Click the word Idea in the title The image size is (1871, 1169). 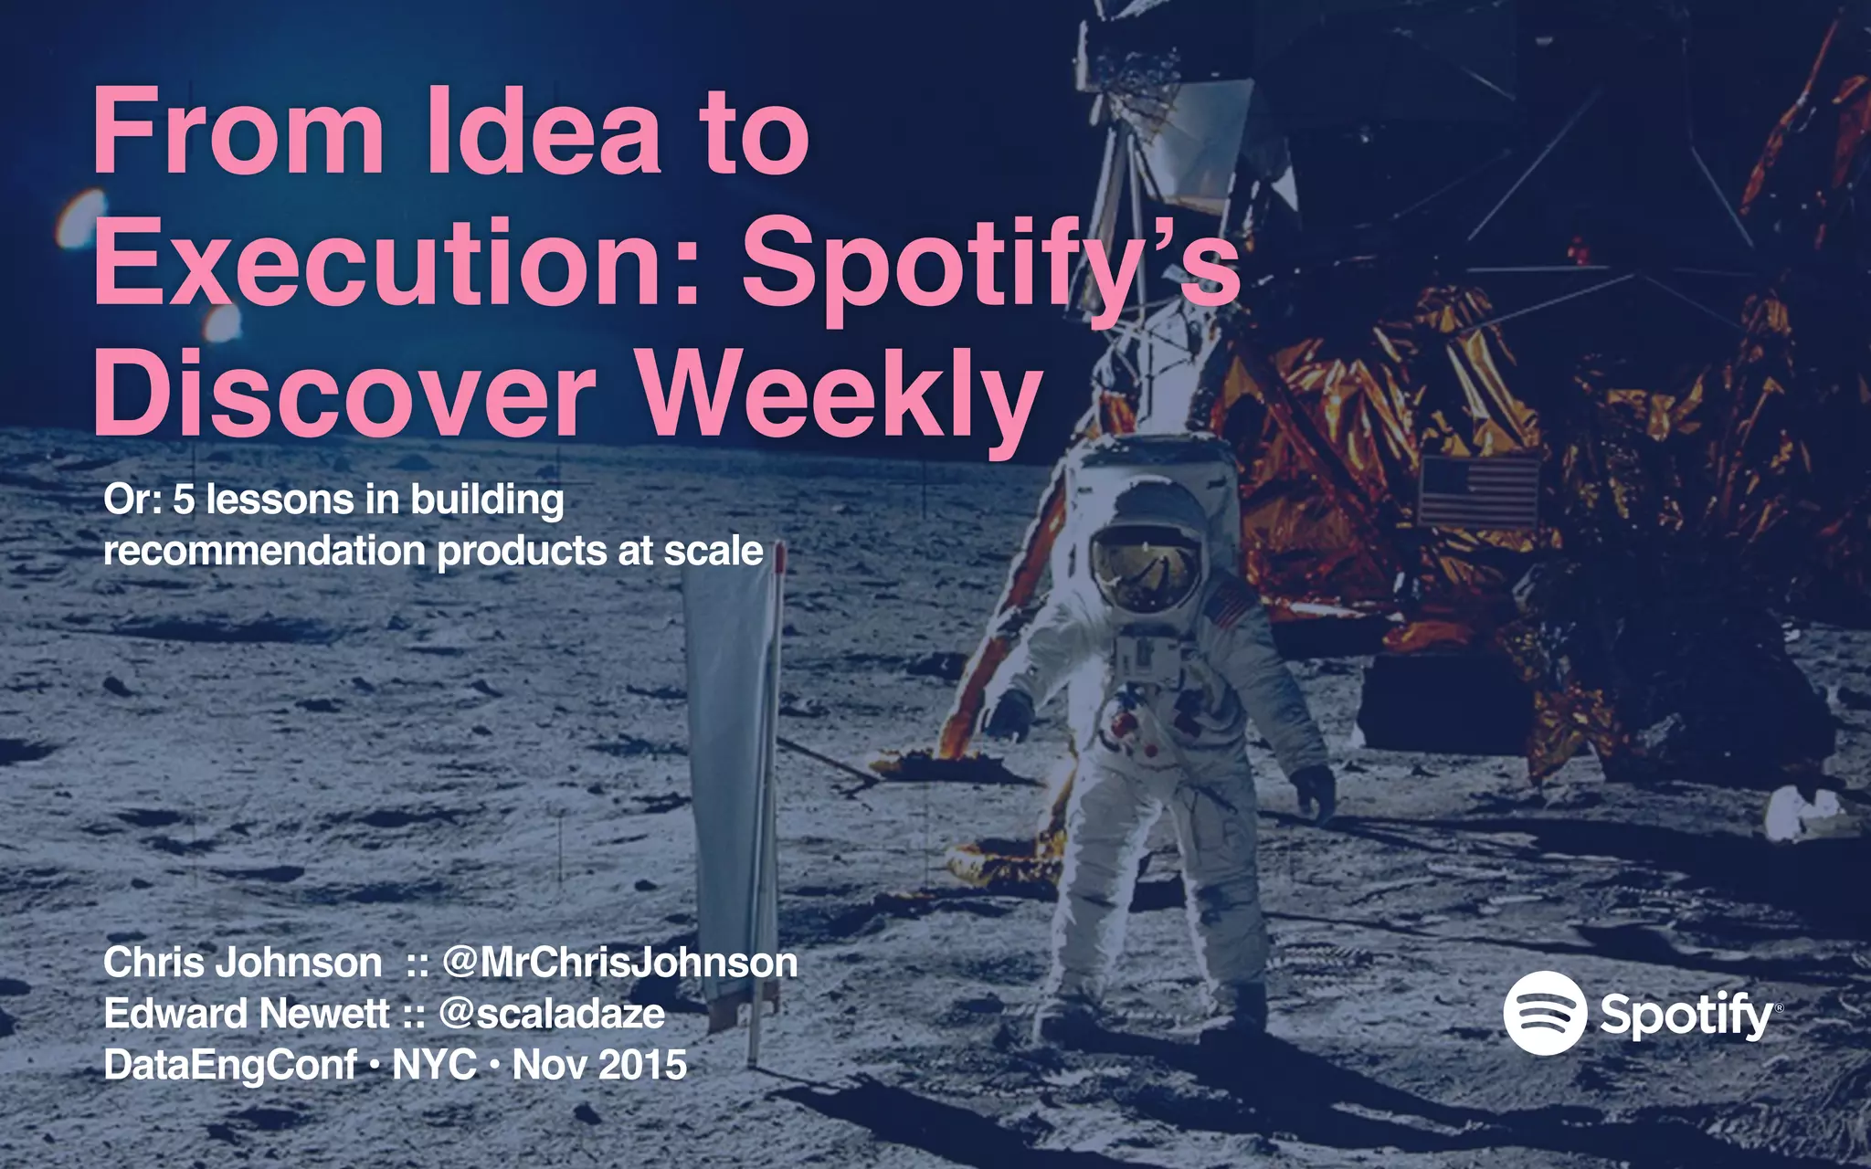(543, 132)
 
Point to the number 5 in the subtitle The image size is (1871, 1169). (184, 500)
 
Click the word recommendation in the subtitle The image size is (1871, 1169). (265, 551)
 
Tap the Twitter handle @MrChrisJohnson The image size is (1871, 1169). (620, 963)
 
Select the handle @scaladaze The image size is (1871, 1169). (553, 1014)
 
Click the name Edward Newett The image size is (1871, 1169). (247, 1014)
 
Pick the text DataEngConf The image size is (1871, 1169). (230, 1065)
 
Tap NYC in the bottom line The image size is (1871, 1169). (434, 1065)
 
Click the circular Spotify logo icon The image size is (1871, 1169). (1545, 1014)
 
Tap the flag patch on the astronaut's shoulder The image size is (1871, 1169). (1229, 605)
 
